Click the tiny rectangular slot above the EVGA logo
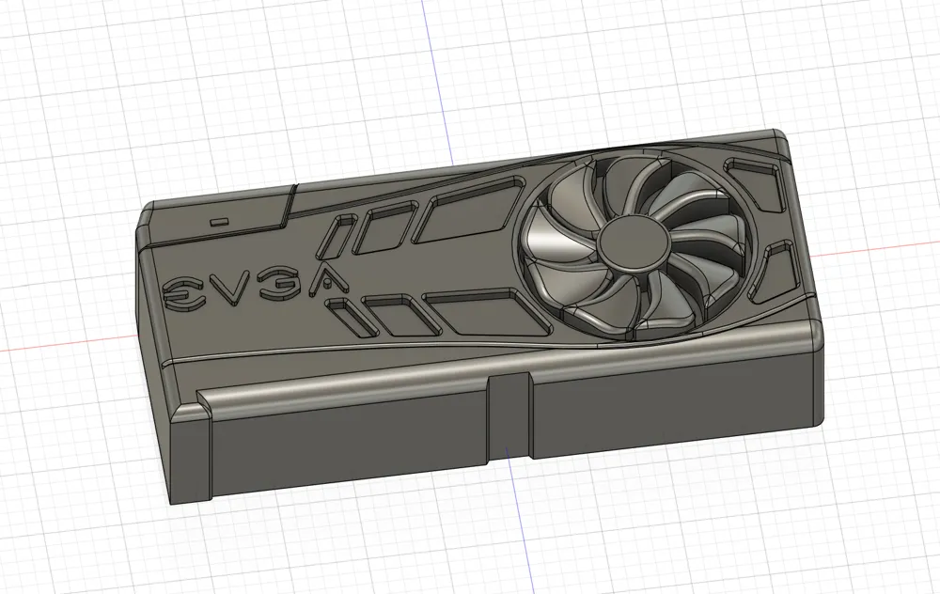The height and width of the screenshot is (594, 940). click(220, 222)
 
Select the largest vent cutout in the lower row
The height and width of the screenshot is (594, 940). click(489, 313)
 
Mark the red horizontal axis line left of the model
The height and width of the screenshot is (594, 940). click(56, 347)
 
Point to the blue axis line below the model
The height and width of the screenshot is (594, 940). click(513, 526)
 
